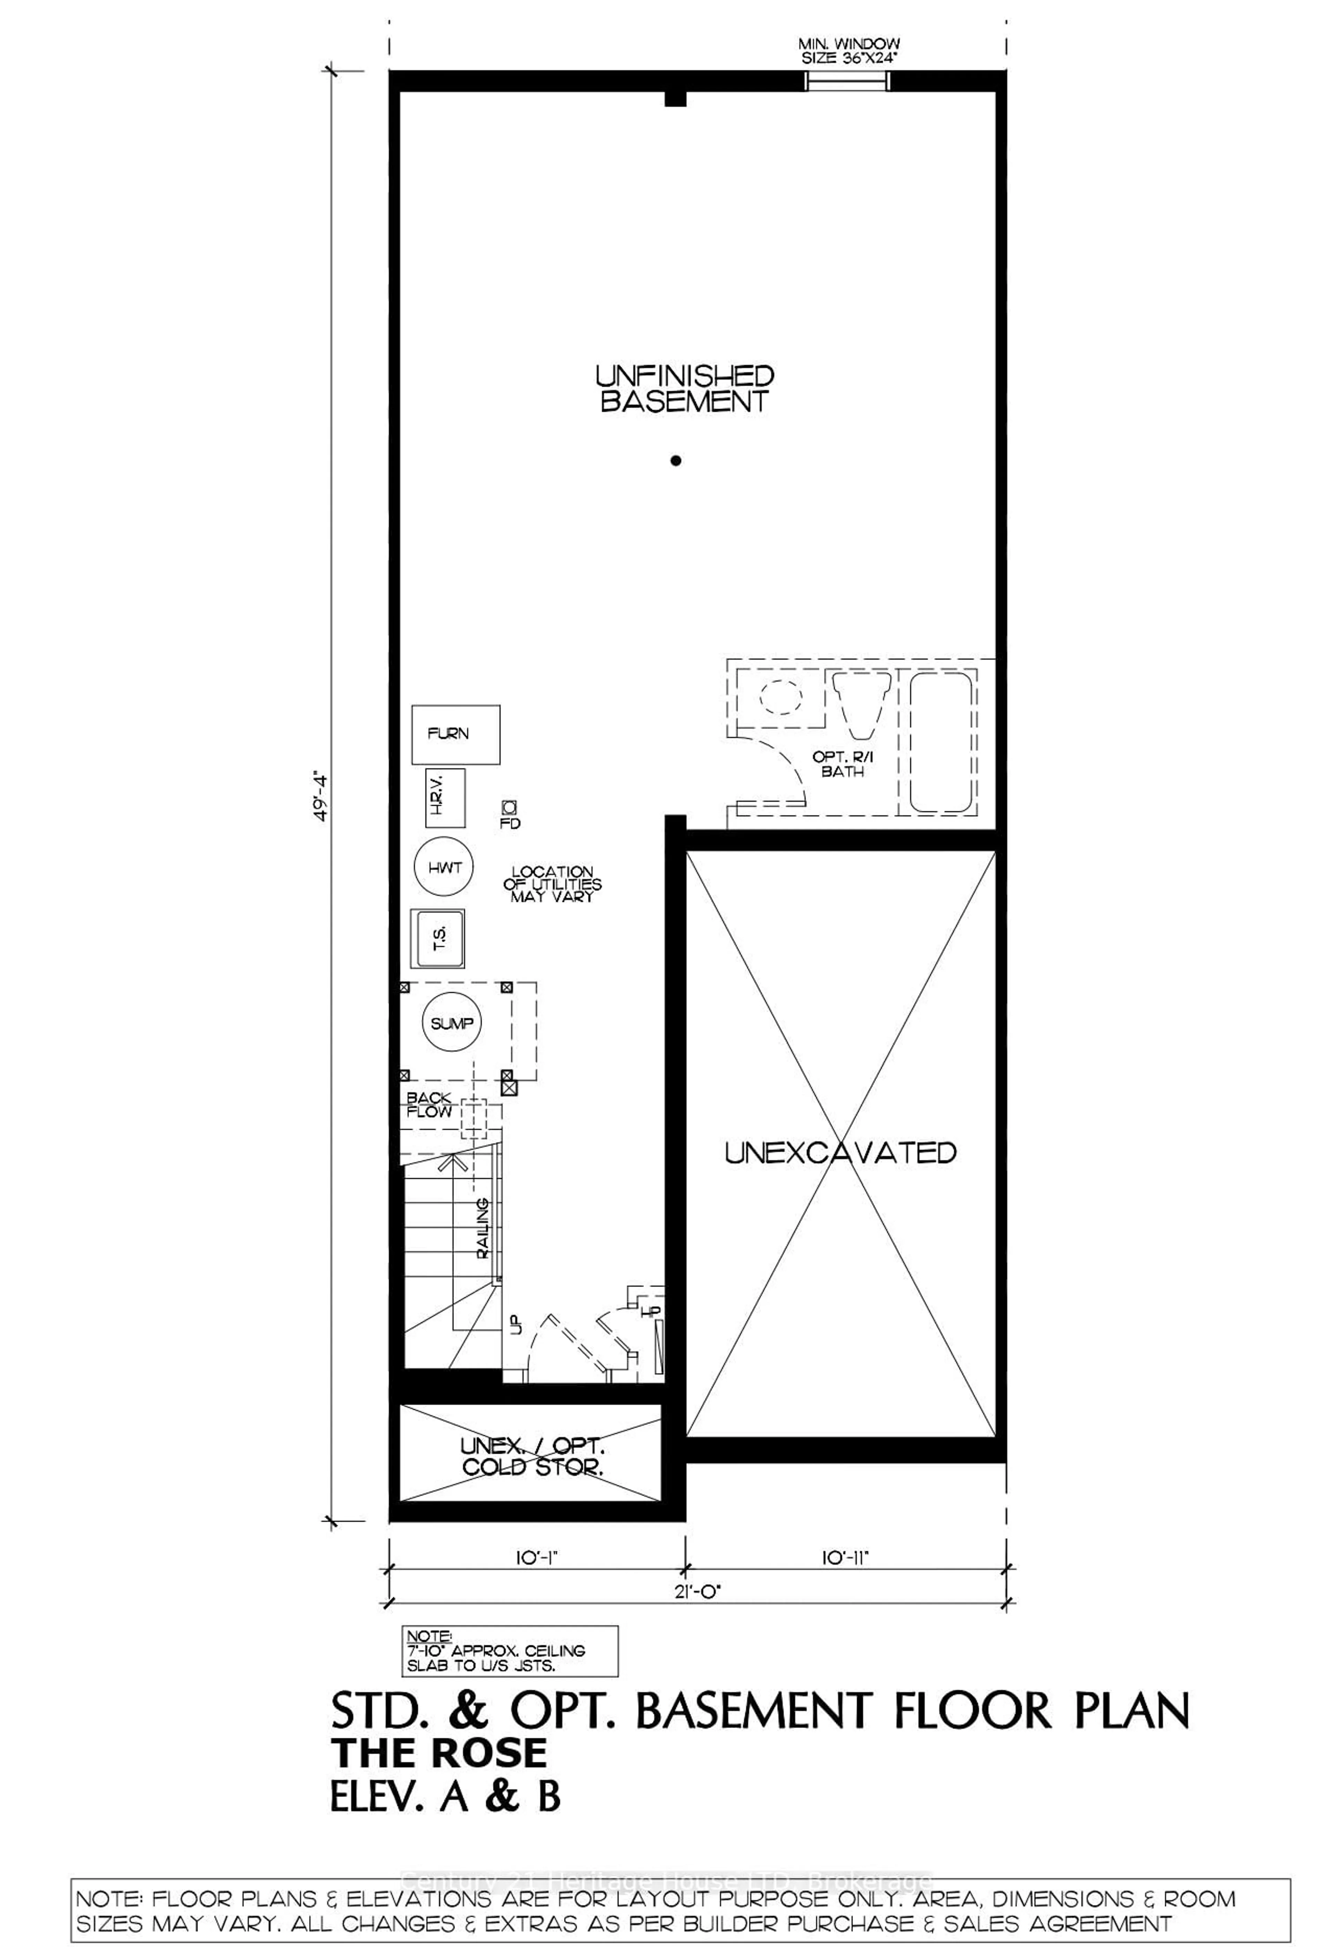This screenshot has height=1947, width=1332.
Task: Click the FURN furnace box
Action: [x=456, y=734]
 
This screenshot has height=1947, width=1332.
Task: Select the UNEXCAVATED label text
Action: [x=839, y=1153]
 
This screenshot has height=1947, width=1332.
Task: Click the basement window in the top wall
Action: [x=846, y=81]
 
